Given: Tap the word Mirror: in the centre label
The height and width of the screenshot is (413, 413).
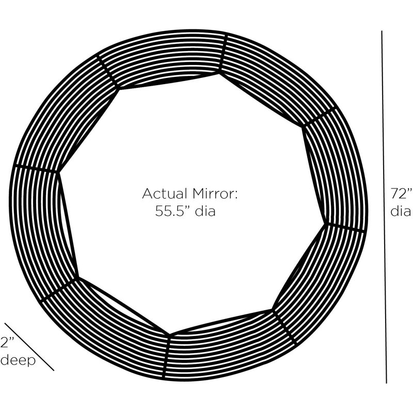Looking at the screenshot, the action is point(215,194).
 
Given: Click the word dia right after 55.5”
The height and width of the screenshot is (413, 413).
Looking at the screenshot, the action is point(205,211).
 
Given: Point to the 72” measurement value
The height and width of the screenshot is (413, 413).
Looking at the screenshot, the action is point(402,194).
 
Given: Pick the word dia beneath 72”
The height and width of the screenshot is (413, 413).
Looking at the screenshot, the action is point(401,211).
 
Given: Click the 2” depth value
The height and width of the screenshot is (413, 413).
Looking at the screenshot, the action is point(7,342).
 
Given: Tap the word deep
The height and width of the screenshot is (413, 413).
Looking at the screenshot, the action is point(18,360).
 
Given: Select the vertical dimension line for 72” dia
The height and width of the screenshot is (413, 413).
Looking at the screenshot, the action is point(384,207).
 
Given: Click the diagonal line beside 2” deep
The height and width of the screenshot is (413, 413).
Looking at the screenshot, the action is point(29,346).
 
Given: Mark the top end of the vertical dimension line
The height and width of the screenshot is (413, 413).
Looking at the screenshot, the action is point(382,31).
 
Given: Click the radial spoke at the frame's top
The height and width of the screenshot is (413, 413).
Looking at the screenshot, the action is point(223,52).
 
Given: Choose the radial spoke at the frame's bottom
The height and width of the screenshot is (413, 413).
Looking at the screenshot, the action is point(167,357).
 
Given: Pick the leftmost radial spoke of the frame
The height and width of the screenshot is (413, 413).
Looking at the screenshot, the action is point(36,169).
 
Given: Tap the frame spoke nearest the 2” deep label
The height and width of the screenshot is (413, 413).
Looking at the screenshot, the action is point(58,290).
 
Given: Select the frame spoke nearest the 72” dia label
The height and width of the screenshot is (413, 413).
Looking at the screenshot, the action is point(345,228).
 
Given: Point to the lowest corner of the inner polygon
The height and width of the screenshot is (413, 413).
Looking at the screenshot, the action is point(170,335).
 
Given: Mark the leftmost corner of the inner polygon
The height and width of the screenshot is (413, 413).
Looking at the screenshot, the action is point(58,172).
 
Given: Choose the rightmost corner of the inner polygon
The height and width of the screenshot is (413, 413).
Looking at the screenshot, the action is point(327,224).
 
